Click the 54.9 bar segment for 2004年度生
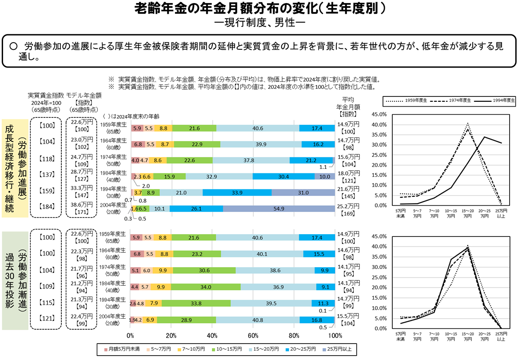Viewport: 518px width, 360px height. point(279,208)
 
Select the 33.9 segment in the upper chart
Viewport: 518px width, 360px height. point(237,192)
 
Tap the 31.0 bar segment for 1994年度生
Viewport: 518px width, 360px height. point(303,192)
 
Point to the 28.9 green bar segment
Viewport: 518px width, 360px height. point(187,320)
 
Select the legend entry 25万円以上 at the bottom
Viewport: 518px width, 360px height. point(336,349)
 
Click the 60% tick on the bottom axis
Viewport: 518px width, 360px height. point(253,335)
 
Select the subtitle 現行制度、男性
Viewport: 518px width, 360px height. point(259,21)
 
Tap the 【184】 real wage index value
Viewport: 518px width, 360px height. point(47,207)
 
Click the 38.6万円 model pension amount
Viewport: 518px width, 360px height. point(82,204)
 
